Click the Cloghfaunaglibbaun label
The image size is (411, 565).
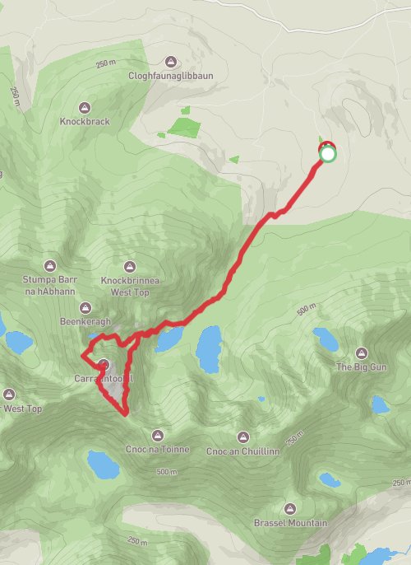pos(171,76)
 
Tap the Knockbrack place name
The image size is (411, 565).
pos(84,121)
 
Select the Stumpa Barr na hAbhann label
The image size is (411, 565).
pos(49,284)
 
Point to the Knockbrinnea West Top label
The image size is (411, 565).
pos(129,285)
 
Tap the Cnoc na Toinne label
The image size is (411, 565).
pos(159,449)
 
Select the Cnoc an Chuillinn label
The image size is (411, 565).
pos(243,451)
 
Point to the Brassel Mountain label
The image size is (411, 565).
pos(289,523)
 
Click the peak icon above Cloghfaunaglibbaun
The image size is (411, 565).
pos(171,62)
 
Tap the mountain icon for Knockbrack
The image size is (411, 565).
pos(84,107)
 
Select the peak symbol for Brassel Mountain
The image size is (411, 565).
pos(289,509)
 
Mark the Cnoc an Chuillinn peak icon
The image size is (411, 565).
pos(242,437)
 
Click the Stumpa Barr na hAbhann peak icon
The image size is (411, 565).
pos(49,265)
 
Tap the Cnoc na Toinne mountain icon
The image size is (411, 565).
pos(158,435)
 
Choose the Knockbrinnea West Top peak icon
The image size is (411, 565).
pos(129,266)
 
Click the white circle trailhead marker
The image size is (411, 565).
pos(328,154)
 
